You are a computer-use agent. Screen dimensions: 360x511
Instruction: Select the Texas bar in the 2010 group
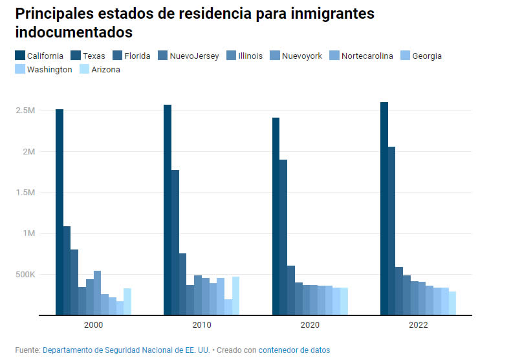tap(175, 242)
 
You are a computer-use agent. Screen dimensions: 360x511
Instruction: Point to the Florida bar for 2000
tap(74, 282)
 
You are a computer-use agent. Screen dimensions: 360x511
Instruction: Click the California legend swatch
tap(20, 56)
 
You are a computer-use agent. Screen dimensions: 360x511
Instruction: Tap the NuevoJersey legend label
tap(193, 56)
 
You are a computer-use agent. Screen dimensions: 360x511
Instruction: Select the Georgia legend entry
tap(427, 56)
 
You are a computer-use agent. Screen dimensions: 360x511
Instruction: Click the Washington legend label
tap(49, 70)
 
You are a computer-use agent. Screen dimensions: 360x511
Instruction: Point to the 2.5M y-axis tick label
tap(25, 111)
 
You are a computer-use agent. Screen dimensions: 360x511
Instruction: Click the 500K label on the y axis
tap(25, 275)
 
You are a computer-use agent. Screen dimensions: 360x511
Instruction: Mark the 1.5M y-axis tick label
tap(25, 193)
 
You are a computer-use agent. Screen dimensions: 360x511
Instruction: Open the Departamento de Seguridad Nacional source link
tap(126, 350)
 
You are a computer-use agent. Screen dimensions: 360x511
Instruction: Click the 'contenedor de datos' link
tap(294, 350)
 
